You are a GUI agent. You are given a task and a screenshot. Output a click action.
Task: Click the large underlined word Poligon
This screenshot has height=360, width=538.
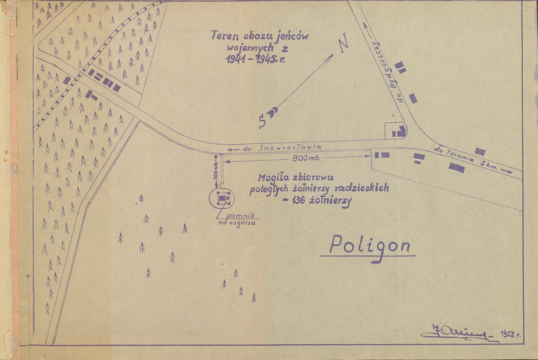tap(370, 246)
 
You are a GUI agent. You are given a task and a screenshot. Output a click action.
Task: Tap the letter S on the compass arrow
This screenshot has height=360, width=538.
tap(262, 120)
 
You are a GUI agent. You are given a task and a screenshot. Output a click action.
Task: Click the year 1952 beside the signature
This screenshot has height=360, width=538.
tap(509, 335)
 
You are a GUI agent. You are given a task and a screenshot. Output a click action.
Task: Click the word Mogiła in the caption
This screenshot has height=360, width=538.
tap(274, 177)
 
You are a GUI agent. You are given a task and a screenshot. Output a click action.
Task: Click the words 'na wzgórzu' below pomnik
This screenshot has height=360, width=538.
tap(237, 223)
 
